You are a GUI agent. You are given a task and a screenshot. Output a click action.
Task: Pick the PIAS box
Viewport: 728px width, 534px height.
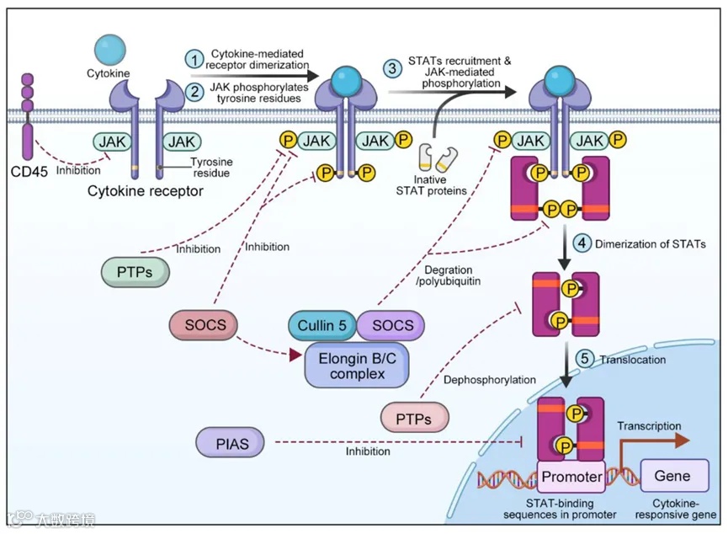pyautogui.click(x=232, y=442)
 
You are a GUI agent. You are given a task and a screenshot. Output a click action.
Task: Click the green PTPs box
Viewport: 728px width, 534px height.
pyautogui.click(x=136, y=273)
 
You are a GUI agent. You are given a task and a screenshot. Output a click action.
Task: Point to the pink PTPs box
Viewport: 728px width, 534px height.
pyautogui.click(x=414, y=418)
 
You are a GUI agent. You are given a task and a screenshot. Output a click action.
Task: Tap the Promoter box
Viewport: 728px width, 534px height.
pyautogui.click(x=571, y=477)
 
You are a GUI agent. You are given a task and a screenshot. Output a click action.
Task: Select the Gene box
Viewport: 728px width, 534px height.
pyautogui.click(x=672, y=477)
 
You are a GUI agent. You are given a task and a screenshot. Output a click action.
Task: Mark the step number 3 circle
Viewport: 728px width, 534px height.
pyautogui.click(x=392, y=68)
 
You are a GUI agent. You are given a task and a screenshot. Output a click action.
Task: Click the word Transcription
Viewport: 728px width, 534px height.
pyautogui.click(x=649, y=426)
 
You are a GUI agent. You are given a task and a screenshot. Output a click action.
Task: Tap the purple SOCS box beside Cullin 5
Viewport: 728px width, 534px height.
pyautogui.click(x=391, y=324)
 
